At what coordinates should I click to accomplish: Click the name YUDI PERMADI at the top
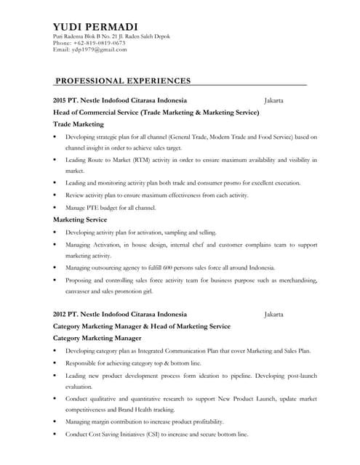(x=95, y=27)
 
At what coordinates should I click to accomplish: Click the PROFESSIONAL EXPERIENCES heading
(x=123, y=81)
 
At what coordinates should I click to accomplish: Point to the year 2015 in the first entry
(x=60, y=100)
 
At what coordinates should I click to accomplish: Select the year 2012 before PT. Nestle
(x=60, y=314)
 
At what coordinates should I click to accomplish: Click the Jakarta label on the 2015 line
(x=273, y=100)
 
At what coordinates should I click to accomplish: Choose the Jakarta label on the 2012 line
(x=273, y=314)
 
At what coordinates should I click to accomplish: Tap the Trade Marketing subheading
(x=79, y=124)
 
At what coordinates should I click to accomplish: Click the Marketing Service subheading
(x=80, y=219)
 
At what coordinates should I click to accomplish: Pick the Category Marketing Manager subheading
(x=97, y=338)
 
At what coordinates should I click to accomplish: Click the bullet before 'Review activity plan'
(x=55, y=195)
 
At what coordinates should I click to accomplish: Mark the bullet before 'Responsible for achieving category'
(x=55, y=363)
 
